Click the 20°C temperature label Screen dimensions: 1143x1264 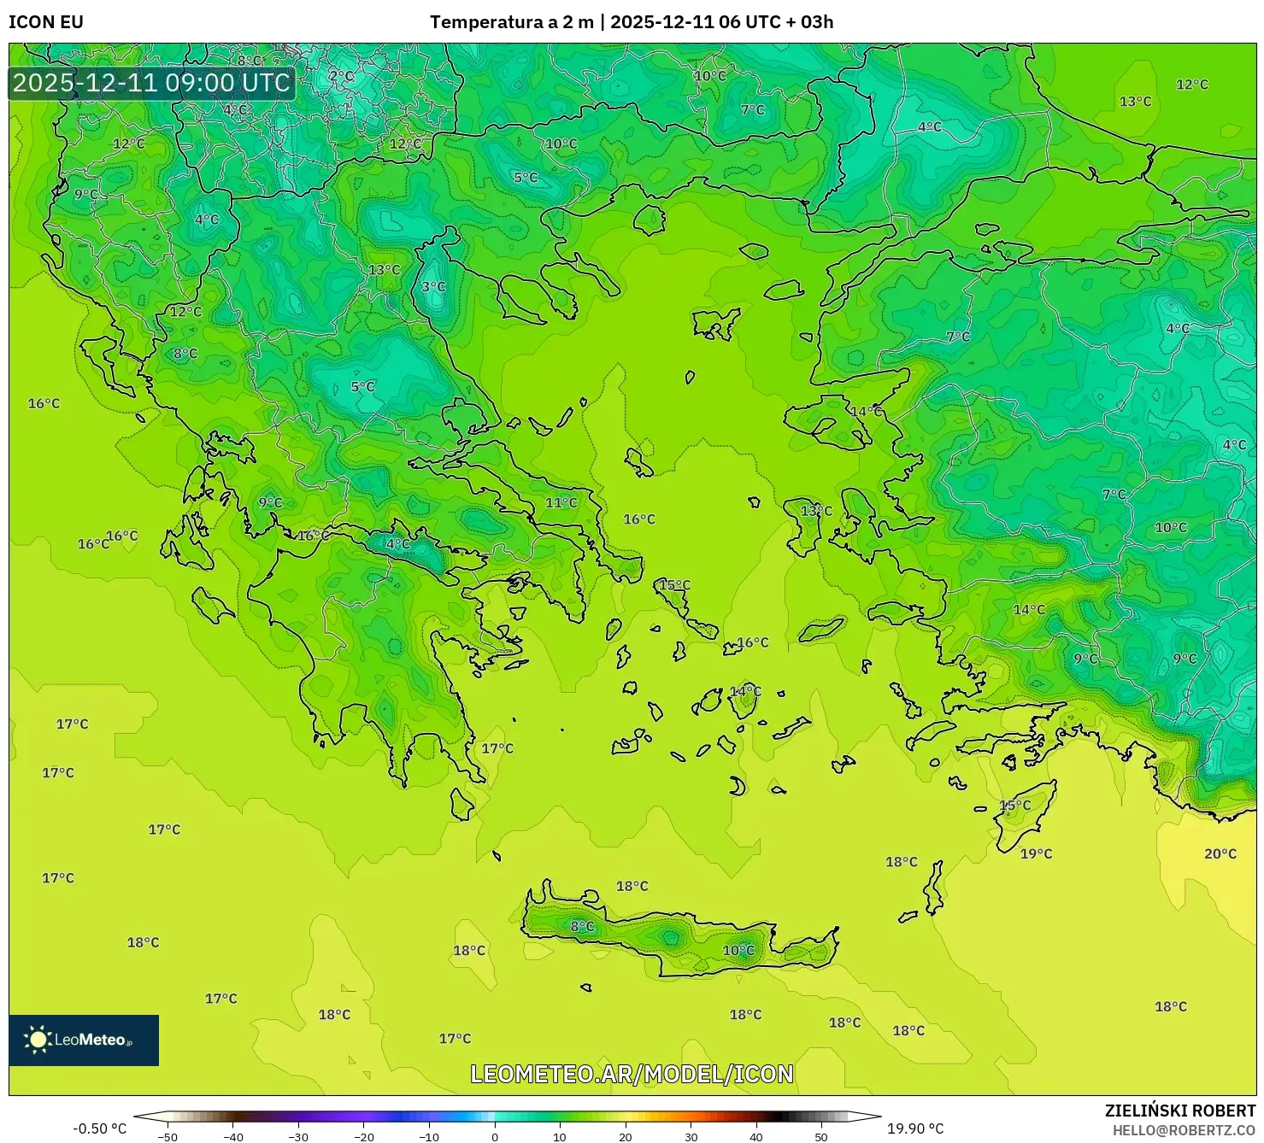(1220, 853)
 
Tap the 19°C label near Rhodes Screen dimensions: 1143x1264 (1036, 853)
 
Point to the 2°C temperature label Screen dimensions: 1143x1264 (341, 76)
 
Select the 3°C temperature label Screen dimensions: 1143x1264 (433, 287)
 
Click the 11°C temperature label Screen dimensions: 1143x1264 (561, 503)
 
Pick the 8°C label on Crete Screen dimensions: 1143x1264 (582, 926)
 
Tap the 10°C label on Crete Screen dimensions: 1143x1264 (738, 951)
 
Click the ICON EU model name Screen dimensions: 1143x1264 (46, 22)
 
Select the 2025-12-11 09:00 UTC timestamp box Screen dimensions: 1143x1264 (151, 84)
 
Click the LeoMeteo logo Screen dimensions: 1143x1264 (84, 1040)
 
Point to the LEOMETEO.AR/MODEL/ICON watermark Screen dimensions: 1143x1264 (632, 1074)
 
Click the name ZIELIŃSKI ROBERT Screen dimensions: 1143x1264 (1179, 1111)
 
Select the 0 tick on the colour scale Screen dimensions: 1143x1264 (495, 1136)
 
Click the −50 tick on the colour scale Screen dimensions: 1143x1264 (168, 1136)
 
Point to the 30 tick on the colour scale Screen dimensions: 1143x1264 (691, 1136)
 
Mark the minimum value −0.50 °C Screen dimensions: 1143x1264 (99, 1128)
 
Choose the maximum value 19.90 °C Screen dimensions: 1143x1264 (915, 1128)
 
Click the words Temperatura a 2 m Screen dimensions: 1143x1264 (511, 22)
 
